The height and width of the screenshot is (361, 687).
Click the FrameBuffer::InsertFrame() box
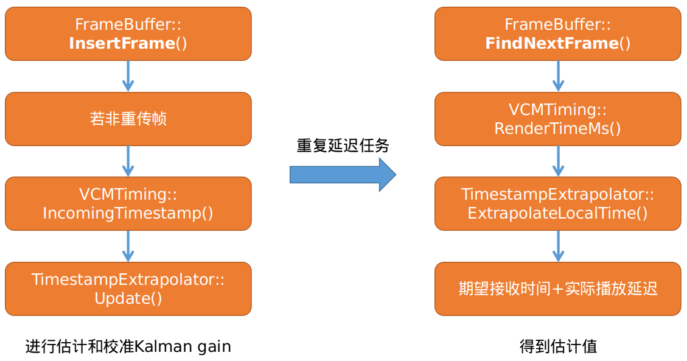128,34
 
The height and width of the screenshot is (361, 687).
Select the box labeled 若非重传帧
128,119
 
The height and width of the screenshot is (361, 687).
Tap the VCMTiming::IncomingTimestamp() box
128,203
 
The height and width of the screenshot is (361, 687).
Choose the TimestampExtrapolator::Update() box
128,289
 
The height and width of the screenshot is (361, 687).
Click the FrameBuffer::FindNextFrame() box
557,34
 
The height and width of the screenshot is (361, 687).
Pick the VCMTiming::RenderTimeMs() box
557,119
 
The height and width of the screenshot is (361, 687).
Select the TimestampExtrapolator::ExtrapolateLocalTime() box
557,203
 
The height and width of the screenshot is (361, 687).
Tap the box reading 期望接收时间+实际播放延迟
557,289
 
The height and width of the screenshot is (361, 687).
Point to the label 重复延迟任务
343,146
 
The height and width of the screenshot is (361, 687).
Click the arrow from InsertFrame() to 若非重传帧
128,76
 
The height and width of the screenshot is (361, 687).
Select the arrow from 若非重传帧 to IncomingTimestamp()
128,161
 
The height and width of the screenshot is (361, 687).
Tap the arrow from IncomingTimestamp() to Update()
128,246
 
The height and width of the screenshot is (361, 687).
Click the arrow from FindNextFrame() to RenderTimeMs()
557,76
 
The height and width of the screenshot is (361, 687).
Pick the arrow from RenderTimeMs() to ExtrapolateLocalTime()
557,161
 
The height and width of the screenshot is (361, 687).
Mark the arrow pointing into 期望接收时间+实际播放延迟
557,246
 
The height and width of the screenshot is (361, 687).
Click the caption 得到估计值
558,346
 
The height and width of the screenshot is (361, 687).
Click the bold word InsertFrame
122,44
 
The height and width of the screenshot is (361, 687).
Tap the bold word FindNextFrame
551,44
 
